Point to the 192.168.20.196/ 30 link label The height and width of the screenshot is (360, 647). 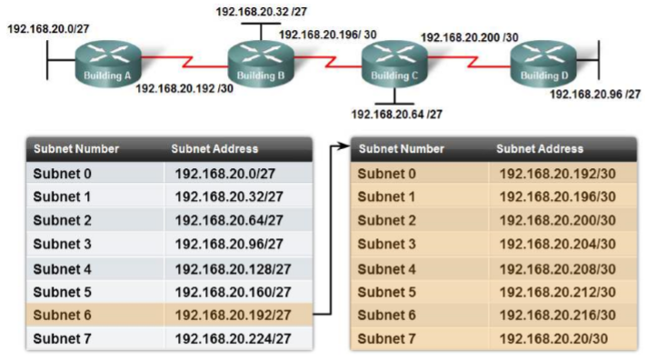coord(328,35)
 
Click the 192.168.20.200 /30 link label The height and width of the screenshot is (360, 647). coord(469,37)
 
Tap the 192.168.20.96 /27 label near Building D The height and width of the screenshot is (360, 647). coord(595,94)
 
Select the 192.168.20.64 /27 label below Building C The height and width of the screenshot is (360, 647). coord(397,115)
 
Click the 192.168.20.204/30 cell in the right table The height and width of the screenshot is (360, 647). coord(557,244)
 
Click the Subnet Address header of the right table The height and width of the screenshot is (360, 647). coord(540,148)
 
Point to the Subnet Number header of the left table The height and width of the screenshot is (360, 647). coord(76,148)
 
